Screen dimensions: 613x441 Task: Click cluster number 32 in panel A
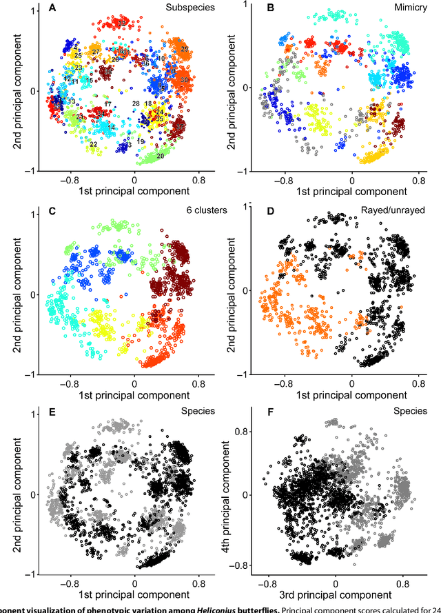coord(121,23)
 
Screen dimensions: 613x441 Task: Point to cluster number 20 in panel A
coord(160,157)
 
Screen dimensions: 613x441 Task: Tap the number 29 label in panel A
coord(185,48)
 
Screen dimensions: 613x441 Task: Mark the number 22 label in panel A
coord(93,145)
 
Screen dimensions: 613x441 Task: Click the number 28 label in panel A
coord(136,103)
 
